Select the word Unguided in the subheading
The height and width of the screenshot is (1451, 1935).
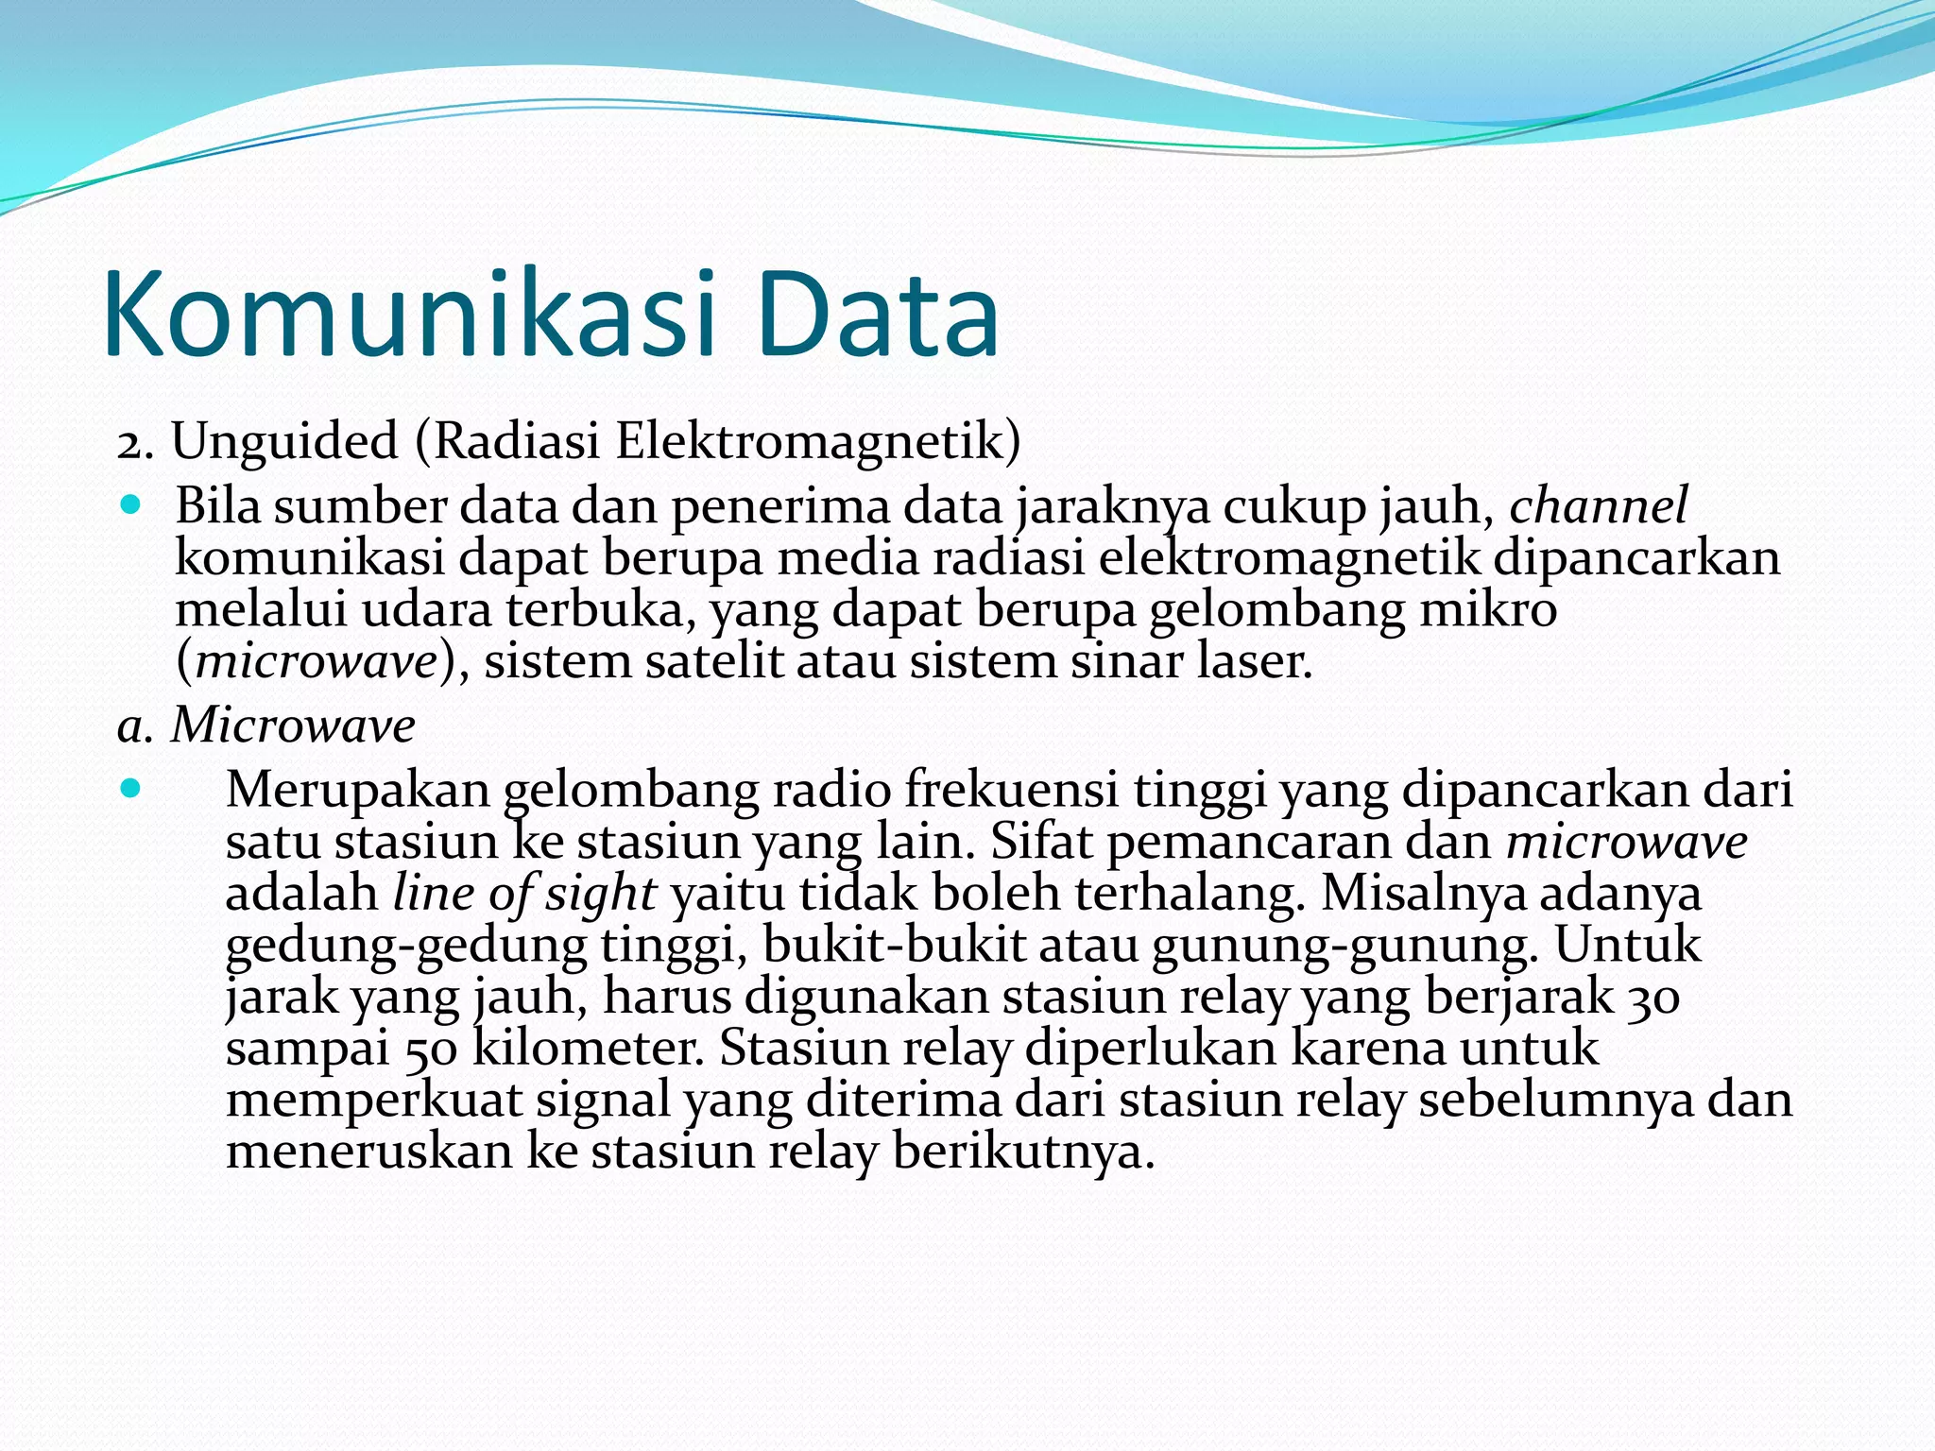(x=284, y=442)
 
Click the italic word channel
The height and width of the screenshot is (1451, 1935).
(x=1598, y=506)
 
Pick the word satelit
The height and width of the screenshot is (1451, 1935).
(x=713, y=661)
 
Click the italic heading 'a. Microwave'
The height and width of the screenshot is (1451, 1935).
(x=266, y=725)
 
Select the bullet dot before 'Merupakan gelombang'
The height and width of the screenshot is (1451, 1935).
(x=131, y=787)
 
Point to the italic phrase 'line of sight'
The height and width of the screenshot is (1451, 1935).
(x=524, y=893)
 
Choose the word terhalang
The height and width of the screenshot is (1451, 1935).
(x=1190, y=893)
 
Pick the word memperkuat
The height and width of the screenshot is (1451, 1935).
(x=374, y=1101)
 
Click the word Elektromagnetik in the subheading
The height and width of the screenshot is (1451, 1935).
(x=818, y=442)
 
